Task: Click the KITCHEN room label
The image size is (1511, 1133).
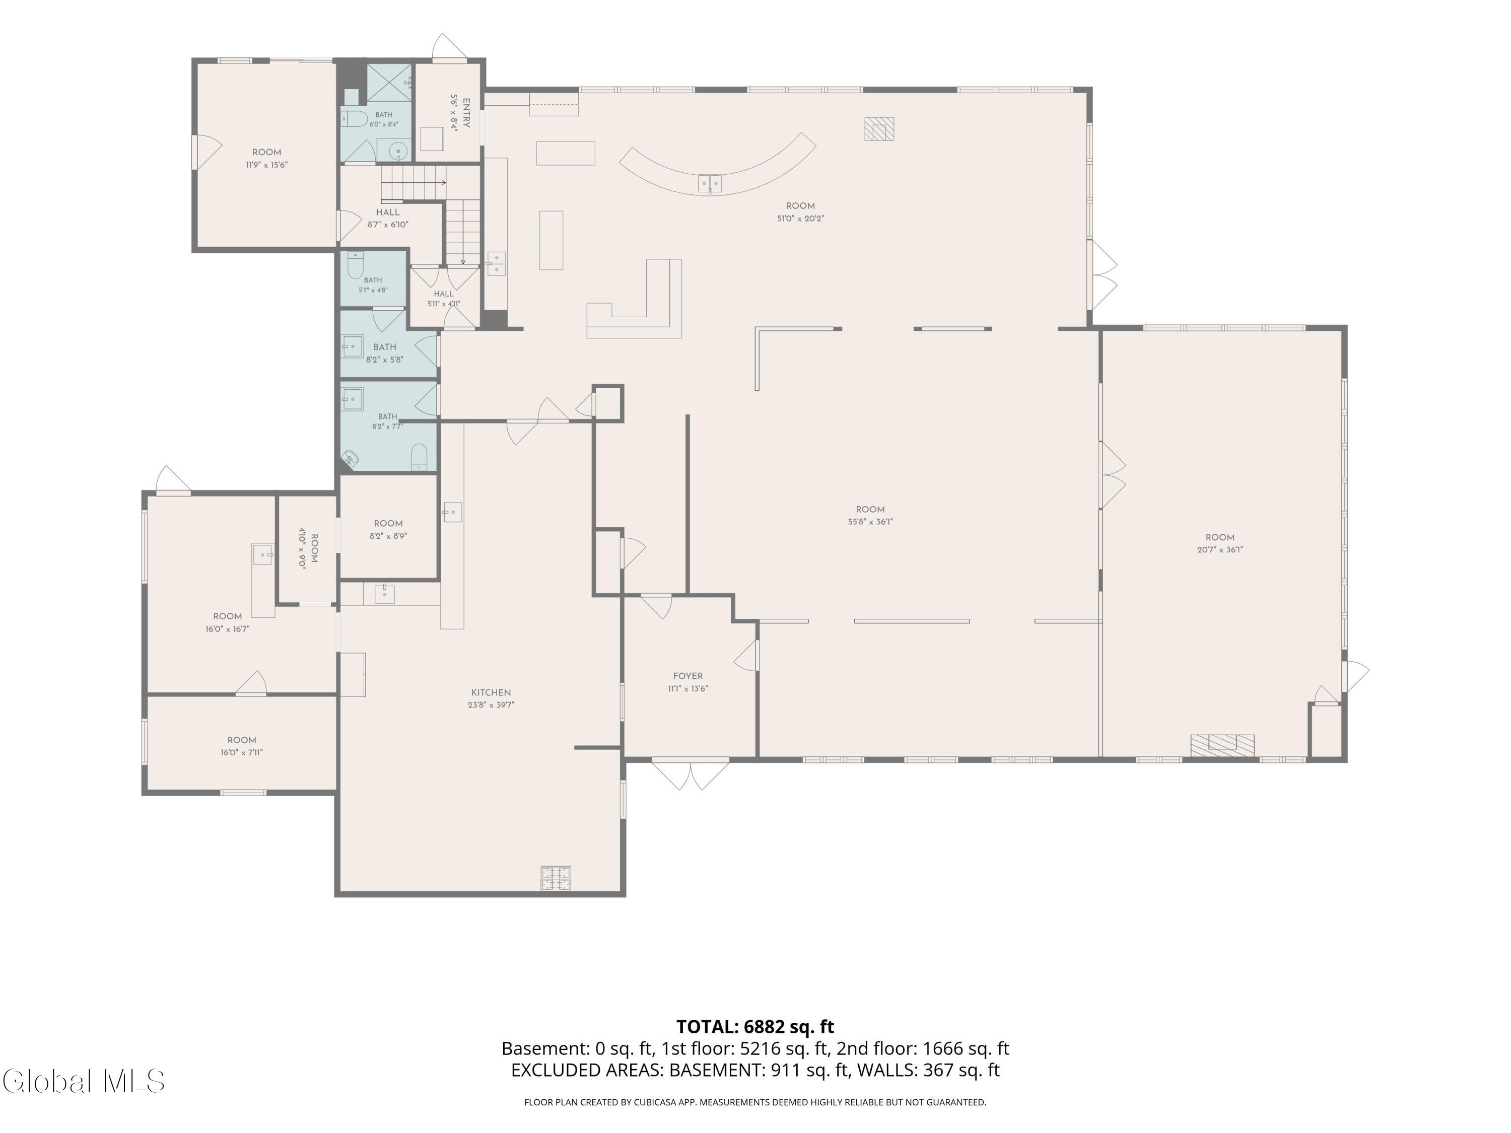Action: (x=491, y=692)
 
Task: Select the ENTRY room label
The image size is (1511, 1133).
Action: (x=466, y=113)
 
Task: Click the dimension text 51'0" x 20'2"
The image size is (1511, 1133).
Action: (x=800, y=219)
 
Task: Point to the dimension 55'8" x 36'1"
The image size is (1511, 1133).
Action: (x=870, y=522)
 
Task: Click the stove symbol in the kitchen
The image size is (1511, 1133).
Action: (x=556, y=878)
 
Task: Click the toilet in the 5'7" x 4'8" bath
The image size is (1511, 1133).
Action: (x=355, y=266)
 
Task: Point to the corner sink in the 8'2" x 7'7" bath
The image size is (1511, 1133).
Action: (x=351, y=459)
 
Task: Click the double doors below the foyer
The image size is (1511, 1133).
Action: (x=691, y=775)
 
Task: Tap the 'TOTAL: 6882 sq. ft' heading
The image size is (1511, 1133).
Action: (x=755, y=1026)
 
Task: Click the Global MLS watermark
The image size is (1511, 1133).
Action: (x=83, y=1081)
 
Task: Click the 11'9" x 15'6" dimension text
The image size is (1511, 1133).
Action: (x=266, y=165)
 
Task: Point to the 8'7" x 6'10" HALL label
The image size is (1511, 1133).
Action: (x=387, y=219)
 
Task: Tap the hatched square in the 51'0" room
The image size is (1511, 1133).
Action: (x=878, y=128)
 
